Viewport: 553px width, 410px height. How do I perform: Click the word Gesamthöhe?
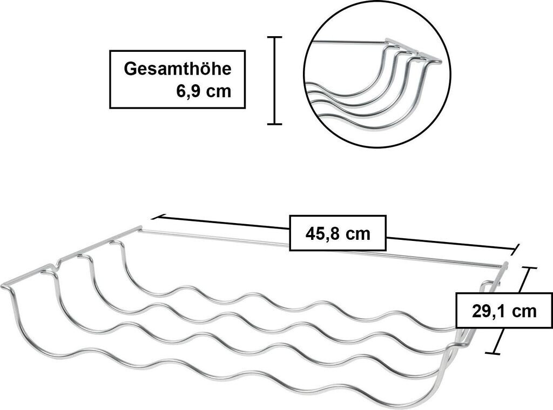[178, 69]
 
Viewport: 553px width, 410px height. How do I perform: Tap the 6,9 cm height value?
[204, 91]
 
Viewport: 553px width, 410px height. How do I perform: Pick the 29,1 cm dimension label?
[504, 311]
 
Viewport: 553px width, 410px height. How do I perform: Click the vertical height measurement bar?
[275, 81]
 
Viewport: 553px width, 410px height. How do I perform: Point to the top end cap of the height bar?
[275, 37]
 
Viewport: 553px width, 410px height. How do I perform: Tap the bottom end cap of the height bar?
[275, 124]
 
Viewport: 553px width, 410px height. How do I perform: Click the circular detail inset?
[377, 74]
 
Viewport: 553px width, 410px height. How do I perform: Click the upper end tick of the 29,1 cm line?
[529, 268]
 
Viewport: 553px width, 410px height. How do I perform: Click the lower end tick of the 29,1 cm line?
[492, 353]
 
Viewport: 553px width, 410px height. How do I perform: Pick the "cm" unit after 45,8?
[358, 234]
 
